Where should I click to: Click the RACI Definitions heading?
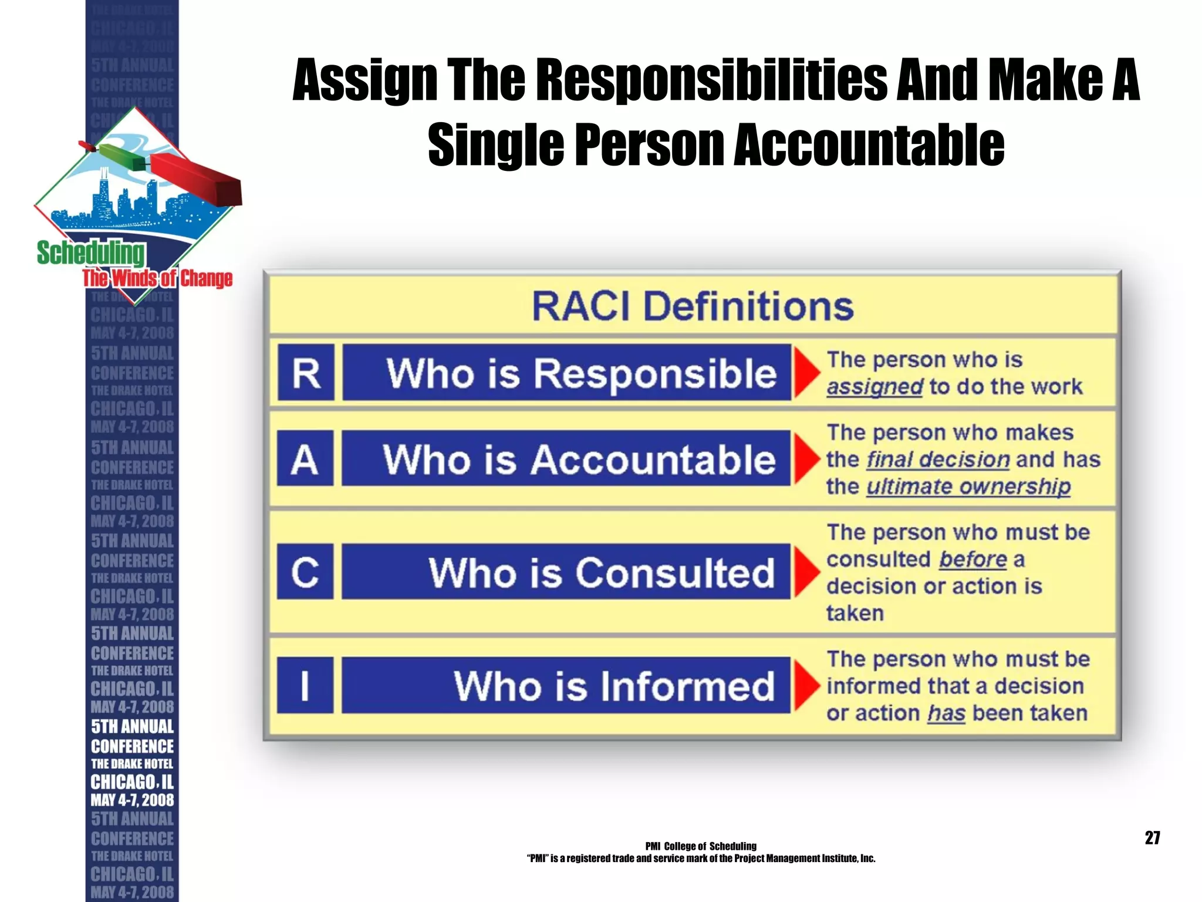(x=693, y=306)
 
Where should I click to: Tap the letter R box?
(x=306, y=372)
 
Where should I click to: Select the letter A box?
(x=305, y=458)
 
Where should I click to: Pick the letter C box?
(x=305, y=571)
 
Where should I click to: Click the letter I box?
(x=305, y=685)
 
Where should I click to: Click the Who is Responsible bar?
(x=566, y=372)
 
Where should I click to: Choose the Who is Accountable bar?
(x=566, y=458)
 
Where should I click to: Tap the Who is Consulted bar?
(x=566, y=571)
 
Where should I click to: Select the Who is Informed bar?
(x=566, y=685)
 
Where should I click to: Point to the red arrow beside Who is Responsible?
(x=806, y=372)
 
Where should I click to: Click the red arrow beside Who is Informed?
(x=806, y=685)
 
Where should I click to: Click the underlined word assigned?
(x=875, y=387)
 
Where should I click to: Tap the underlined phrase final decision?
(x=938, y=459)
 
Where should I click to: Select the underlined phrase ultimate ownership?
(x=968, y=486)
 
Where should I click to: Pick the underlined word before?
(x=973, y=559)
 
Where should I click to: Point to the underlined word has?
(x=946, y=713)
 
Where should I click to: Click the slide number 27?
(x=1152, y=837)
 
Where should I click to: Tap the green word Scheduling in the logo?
(x=90, y=253)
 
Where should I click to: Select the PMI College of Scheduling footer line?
(x=701, y=846)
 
